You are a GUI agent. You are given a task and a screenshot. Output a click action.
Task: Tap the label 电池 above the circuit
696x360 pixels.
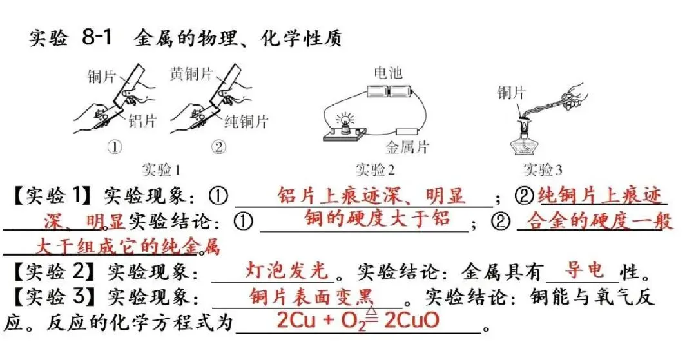(387, 72)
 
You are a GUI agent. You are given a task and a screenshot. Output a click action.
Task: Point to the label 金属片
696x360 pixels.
(407, 147)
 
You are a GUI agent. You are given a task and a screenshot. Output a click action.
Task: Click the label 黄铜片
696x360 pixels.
(191, 73)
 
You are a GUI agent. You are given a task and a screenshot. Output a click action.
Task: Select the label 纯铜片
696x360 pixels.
(246, 120)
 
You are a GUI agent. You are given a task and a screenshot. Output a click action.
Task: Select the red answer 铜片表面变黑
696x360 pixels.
(311, 297)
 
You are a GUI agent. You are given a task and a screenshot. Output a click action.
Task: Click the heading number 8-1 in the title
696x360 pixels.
(97, 37)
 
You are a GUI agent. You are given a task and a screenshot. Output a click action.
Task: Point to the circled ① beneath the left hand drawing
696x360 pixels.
(115, 147)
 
